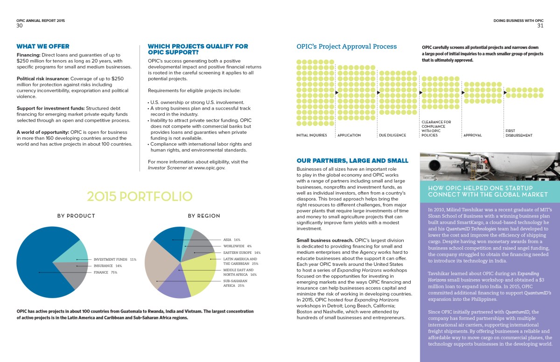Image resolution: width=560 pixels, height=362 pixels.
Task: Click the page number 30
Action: tap(20, 26)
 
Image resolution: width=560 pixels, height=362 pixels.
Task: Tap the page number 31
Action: tap(540, 26)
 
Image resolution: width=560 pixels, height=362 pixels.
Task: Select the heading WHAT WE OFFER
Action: tap(43, 47)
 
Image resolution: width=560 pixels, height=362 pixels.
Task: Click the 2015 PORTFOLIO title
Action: tap(140, 196)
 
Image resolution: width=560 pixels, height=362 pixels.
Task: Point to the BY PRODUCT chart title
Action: tap(76, 216)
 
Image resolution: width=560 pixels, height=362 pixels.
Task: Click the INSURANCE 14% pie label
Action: tap(108, 266)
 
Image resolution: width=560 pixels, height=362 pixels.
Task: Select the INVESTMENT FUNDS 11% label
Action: tap(115, 259)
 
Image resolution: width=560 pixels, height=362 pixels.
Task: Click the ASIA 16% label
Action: tap(231, 240)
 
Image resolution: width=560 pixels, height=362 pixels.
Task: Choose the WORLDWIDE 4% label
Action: tap(238, 246)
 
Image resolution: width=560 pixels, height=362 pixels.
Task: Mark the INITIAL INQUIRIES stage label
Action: tap(312, 135)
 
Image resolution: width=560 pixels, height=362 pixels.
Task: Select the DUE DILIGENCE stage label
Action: tap(392, 135)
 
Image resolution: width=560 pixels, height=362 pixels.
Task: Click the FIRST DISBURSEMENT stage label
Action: tap(518, 133)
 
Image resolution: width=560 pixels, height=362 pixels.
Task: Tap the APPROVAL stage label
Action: tap(472, 135)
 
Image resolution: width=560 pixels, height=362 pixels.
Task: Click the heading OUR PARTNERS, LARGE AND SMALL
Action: tap(352, 161)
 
